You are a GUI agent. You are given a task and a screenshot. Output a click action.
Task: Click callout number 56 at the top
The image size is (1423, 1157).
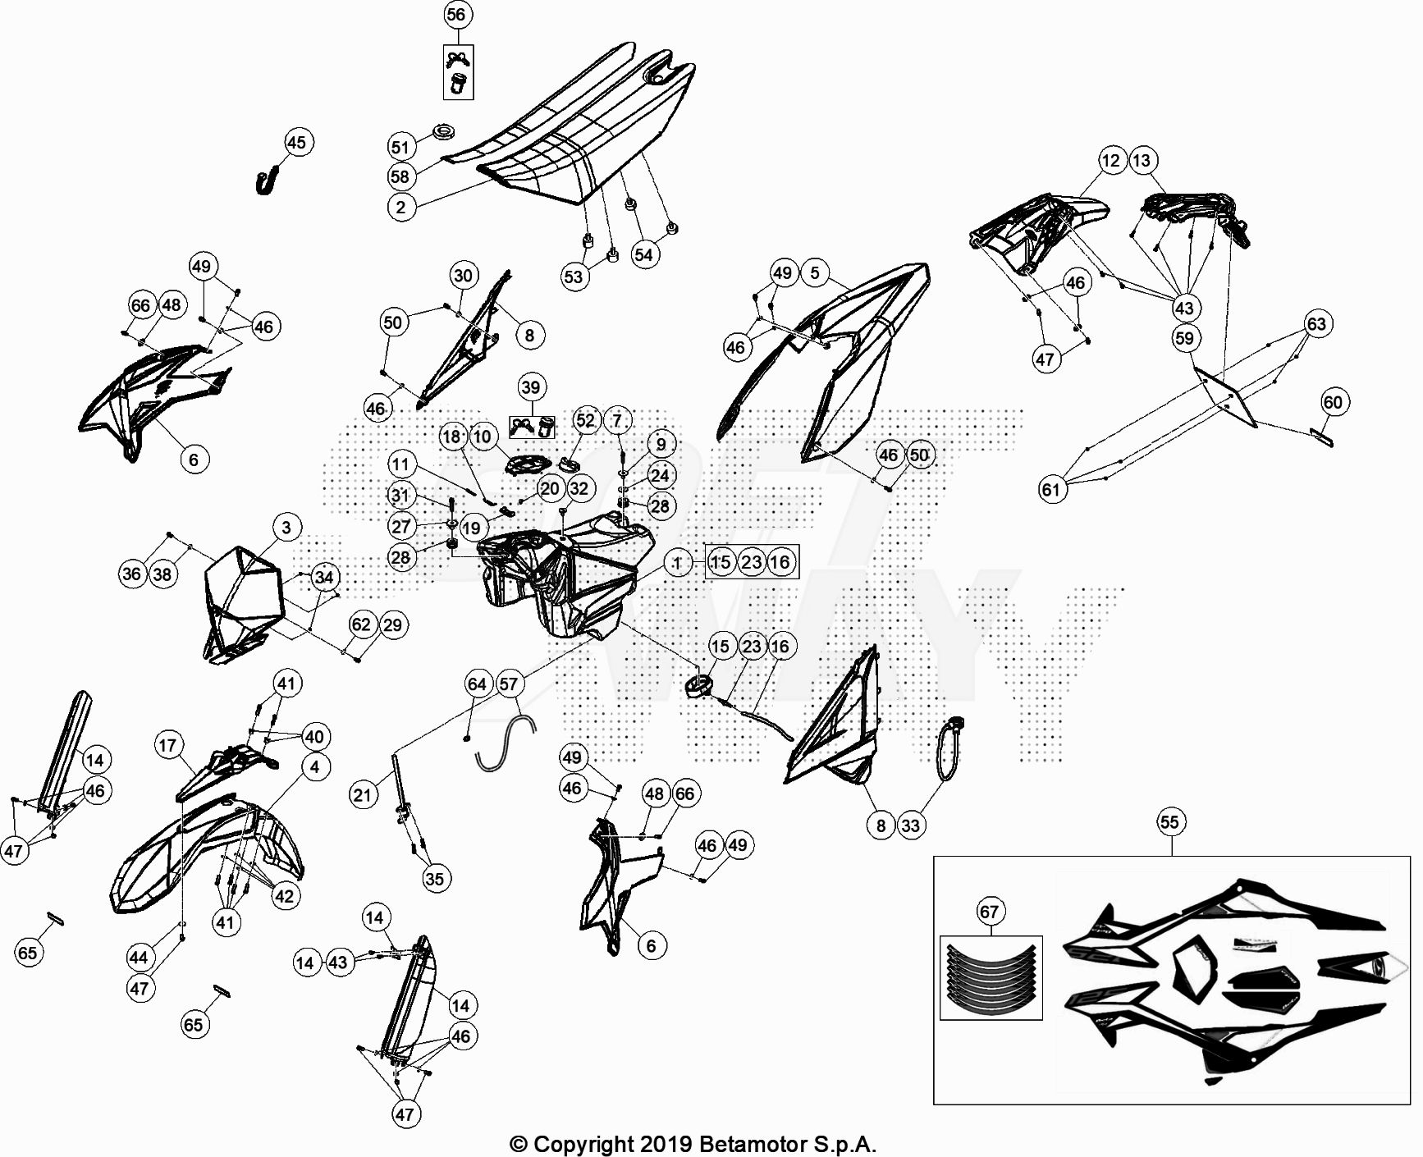tap(455, 14)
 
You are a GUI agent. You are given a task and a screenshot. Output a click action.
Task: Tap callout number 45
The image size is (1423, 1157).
tap(296, 143)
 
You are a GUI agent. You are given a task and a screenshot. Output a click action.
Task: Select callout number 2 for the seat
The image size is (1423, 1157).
tap(400, 207)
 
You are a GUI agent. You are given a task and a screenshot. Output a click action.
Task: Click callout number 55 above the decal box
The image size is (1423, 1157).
tap(1169, 822)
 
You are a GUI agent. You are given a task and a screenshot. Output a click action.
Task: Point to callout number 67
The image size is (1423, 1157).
tap(990, 912)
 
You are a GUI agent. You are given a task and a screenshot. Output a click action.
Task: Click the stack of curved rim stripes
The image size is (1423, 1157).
tap(991, 979)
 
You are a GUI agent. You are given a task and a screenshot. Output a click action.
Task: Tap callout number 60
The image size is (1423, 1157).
tap(1333, 402)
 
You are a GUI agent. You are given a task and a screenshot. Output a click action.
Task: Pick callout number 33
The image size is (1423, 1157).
tap(911, 825)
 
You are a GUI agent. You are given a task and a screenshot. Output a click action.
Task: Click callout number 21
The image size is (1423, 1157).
tap(362, 793)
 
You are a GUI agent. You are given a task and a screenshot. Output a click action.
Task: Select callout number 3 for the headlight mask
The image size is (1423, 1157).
tap(286, 527)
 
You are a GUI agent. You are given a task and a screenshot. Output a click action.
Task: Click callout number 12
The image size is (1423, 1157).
tap(1110, 161)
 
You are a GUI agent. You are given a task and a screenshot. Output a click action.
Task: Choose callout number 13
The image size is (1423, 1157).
tap(1142, 161)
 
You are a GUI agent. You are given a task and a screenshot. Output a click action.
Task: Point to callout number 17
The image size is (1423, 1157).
tap(167, 745)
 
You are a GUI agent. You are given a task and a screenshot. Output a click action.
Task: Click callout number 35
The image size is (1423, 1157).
tap(434, 879)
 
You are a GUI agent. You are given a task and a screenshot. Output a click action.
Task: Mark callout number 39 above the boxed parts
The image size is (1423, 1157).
tap(531, 387)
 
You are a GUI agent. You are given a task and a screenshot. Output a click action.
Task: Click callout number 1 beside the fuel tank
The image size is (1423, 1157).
tap(677, 563)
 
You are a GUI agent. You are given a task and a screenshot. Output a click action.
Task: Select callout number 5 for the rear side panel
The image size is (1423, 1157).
tap(814, 272)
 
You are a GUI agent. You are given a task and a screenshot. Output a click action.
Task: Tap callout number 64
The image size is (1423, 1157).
tap(477, 684)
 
